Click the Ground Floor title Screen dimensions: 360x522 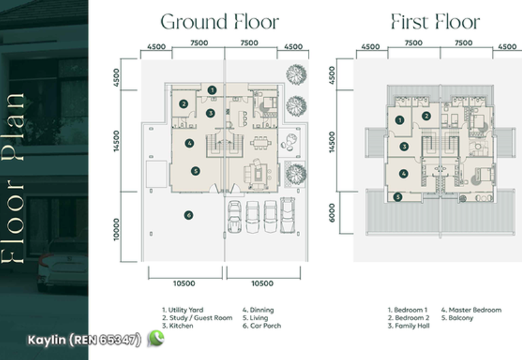[220, 22]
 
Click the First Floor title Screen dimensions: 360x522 [435, 22]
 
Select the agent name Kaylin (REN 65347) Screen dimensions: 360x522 [84, 340]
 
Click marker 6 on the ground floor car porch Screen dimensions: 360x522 [188, 215]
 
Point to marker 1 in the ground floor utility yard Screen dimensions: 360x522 [211, 90]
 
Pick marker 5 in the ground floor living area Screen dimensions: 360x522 [194, 171]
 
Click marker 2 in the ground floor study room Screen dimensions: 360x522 [184, 103]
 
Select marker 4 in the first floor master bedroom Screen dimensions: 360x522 [404, 173]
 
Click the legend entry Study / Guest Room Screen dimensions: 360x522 [196, 318]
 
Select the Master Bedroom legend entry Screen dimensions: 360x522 [471, 310]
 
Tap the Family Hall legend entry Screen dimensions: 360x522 [410, 325]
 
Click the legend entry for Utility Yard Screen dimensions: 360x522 [183, 310]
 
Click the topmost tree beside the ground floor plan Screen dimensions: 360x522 [295, 74]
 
